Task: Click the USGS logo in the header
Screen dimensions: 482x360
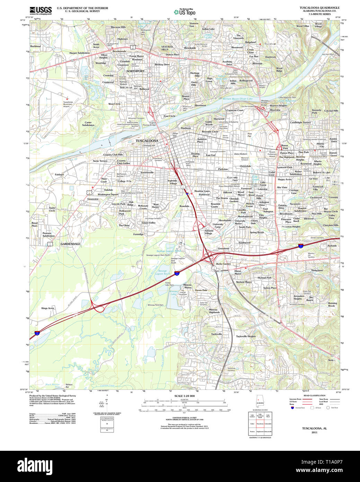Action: click(x=41, y=10)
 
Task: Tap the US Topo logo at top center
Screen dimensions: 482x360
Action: click(x=184, y=12)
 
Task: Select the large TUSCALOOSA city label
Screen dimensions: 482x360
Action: click(x=147, y=141)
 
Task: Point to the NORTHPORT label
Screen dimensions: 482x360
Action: click(x=135, y=71)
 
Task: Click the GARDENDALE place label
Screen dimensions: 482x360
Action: click(x=70, y=244)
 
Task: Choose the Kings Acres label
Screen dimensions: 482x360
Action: click(x=48, y=308)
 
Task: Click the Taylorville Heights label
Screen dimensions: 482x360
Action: click(x=246, y=336)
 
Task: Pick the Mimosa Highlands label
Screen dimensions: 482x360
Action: click(x=214, y=311)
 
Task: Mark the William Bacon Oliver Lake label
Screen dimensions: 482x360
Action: click(x=238, y=99)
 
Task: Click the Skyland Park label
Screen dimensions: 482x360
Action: click(x=264, y=278)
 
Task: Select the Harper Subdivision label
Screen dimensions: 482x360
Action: click(x=79, y=53)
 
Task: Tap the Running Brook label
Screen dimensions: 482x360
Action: click(x=332, y=304)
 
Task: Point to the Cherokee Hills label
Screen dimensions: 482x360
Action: click(x=331, y=225)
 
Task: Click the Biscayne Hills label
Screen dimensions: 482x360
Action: click(x=118, y=27)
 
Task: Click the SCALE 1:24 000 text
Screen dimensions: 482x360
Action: click(x=184, y=396)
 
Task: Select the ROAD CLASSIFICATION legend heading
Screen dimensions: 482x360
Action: click(x=314, y=395)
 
